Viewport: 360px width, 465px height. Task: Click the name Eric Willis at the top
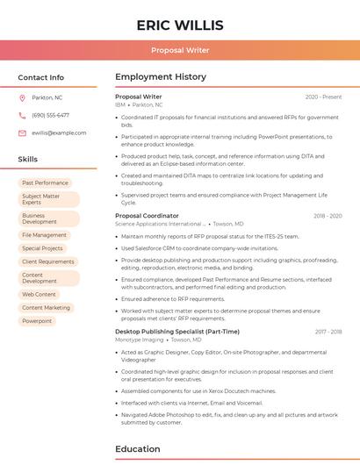click(180, 25)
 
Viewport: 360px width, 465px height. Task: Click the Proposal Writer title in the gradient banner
click(180, 50)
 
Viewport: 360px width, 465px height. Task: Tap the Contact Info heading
click(41, 77)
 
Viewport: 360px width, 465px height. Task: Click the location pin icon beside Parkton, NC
click(22, 97)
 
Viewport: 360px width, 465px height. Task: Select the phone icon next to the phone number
click(22, 115)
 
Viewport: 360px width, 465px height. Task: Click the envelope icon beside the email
click(22, 132)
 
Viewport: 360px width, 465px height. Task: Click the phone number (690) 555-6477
click(50, 115)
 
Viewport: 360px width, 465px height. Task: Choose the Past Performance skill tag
click(45, 182)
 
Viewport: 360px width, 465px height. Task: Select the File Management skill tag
click(44, 235)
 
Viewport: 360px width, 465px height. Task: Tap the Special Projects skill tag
click(42, 248)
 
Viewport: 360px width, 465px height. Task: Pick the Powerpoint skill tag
click(37, 321)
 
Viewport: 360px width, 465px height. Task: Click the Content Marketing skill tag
click(46, 308)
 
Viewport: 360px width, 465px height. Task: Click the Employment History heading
click(160, 77)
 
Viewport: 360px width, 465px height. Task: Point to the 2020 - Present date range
click(323, 97)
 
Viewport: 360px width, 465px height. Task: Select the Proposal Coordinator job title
click(147, 215)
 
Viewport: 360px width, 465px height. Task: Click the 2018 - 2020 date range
click(328, 215)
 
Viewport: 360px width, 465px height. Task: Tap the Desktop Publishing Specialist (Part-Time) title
click(176, 332)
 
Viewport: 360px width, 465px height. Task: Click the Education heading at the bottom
click(138, 449)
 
